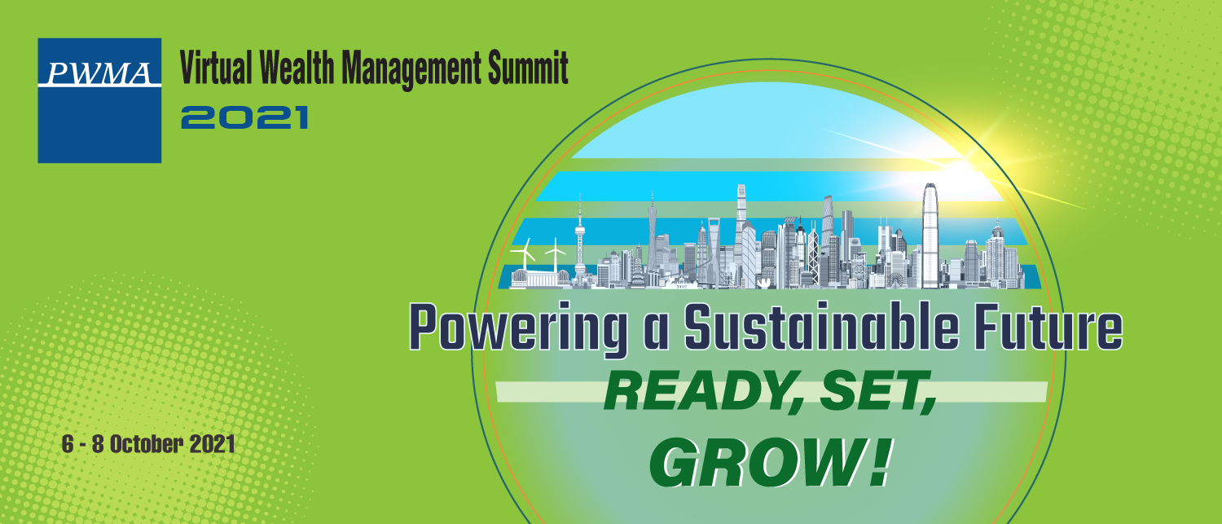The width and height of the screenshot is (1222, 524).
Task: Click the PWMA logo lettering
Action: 99,73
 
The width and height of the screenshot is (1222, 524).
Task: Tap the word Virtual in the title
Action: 216,68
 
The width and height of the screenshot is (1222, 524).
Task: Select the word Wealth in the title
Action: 297,68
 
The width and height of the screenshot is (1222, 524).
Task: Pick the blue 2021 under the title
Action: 245,117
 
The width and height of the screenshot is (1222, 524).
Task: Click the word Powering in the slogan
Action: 518,328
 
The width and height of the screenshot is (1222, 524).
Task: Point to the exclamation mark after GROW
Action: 879,462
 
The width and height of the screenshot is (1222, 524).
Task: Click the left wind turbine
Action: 525,254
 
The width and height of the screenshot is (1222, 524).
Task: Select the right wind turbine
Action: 556,254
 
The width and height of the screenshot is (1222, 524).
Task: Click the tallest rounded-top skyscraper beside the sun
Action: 930,236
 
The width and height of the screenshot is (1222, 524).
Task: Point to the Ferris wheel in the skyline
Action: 895,280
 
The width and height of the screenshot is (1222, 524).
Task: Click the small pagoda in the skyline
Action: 637,273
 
